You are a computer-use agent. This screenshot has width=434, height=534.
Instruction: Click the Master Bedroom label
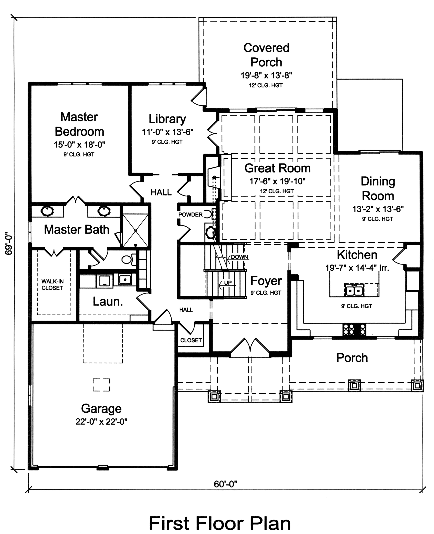[79, 124]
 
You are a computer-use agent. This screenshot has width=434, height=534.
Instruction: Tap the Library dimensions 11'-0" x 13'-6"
[167, 132]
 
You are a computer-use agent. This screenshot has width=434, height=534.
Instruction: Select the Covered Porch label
[266, 55]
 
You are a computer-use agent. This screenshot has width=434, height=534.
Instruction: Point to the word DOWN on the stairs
[239, 257]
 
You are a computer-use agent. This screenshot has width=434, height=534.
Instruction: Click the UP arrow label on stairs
[227, 283]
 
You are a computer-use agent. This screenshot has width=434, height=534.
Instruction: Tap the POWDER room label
[190, 215]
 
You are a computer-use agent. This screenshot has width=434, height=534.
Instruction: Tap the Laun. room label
[108, 302]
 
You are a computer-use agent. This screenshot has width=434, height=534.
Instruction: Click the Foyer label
[266, 281]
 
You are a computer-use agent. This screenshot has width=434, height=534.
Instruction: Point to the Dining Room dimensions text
[378, 209]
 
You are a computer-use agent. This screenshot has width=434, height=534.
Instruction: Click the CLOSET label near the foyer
[191, 340]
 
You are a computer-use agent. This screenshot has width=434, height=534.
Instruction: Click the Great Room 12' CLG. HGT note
[277, 191]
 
